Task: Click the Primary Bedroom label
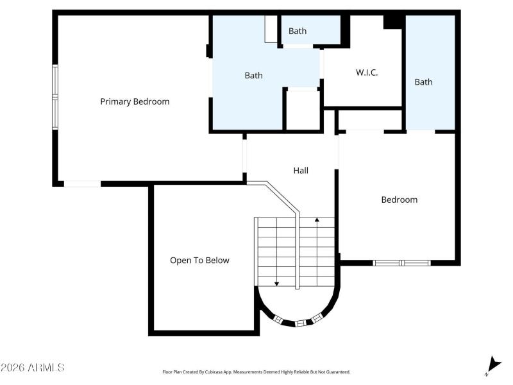(x=135, y=101)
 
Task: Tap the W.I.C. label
(x=367, y=73)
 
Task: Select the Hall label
(x=301, y=171)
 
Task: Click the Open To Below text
(x=199, y=261)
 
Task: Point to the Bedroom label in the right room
(x=399, y=200)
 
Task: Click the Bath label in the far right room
(x=423, y=82)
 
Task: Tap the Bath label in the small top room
(x=298, y=31)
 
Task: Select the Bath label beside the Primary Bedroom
(x=253, y=76)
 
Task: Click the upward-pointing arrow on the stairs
(x=317, y=221)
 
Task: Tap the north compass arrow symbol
(x=492, y=364)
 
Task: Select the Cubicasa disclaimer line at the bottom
(x=256, y=372)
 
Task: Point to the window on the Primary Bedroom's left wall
(x=55, y=96)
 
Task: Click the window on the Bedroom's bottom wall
(x=402, y=262)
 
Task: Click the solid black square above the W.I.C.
(x=392, y=21)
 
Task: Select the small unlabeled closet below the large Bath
(x=303, y=110)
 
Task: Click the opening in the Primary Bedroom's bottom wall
(x=82, y=184)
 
